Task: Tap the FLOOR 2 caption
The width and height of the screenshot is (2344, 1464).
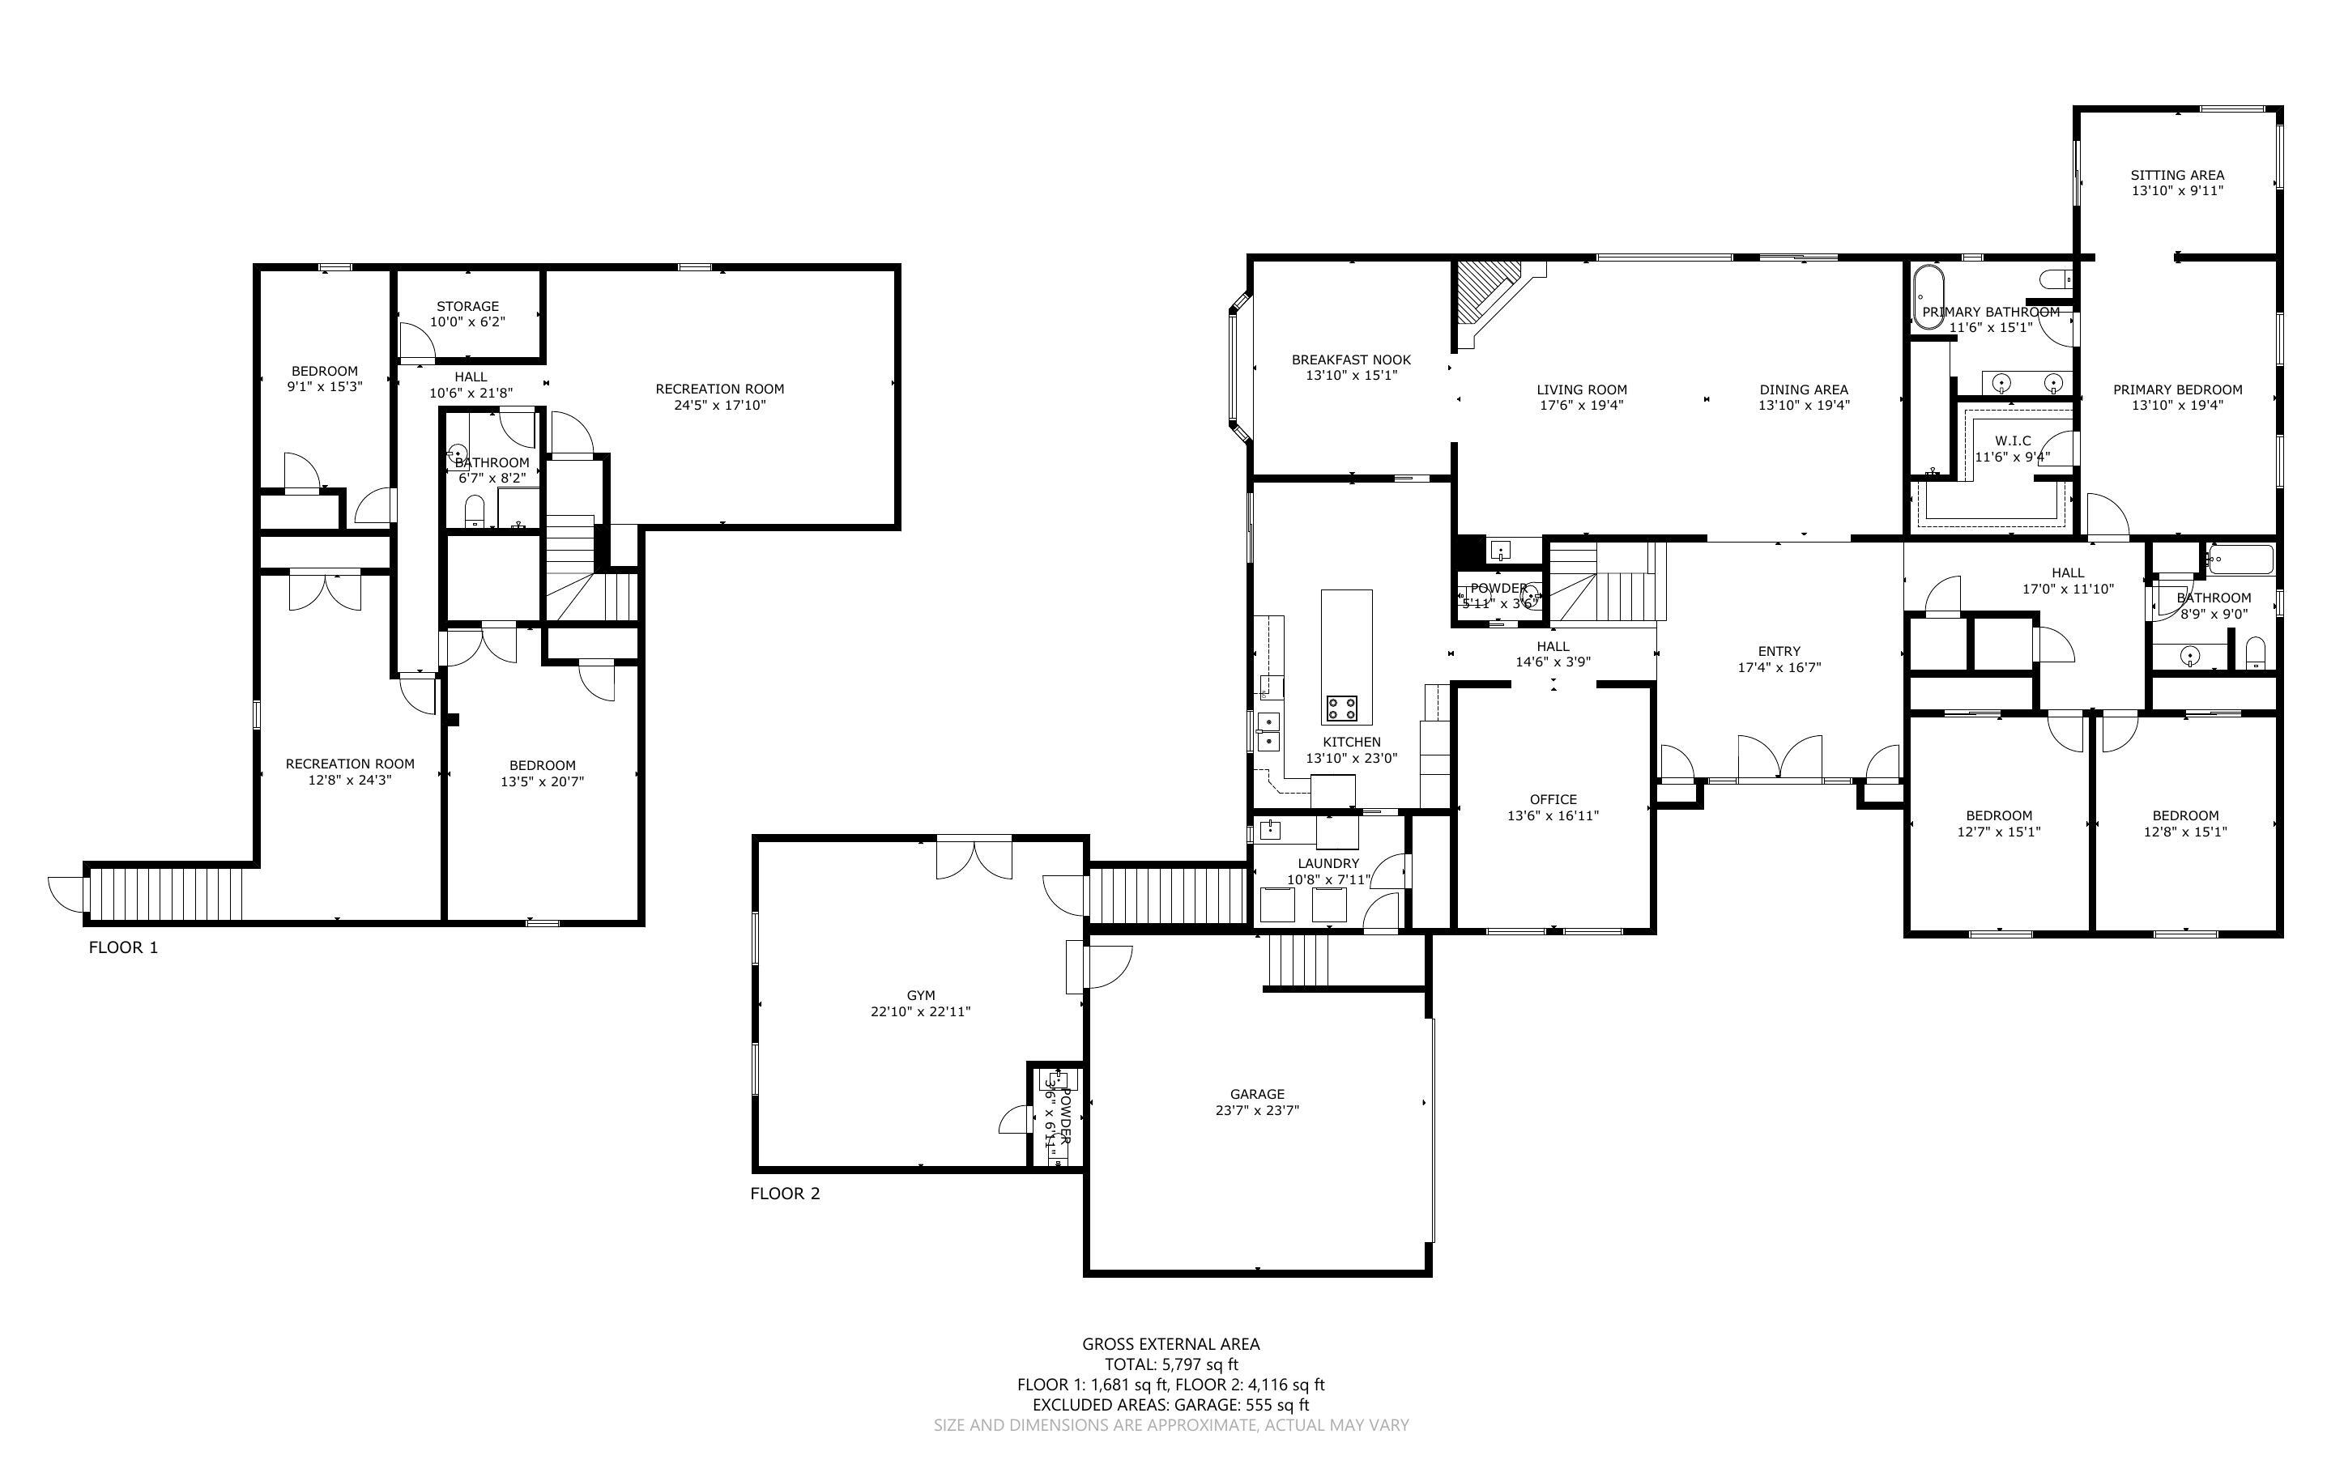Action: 784,1193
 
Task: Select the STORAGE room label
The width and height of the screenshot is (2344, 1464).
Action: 467,306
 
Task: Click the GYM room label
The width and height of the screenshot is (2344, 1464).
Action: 920,995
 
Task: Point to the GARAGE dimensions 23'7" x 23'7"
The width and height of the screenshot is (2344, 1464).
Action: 1257,1111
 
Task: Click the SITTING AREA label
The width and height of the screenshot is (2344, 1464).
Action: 2176,175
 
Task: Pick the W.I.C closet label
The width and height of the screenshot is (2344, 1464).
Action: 2012,440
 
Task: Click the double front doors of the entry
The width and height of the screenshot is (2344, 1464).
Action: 1779,758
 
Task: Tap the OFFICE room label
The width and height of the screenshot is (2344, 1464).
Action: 1553,799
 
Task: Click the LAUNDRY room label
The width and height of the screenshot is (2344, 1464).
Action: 1328,862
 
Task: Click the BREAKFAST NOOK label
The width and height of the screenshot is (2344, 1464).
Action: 1351,360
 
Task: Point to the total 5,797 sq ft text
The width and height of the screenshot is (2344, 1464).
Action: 1170,1364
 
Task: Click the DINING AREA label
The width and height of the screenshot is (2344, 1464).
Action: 1803,389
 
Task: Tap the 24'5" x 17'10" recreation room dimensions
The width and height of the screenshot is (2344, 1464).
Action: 719,406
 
